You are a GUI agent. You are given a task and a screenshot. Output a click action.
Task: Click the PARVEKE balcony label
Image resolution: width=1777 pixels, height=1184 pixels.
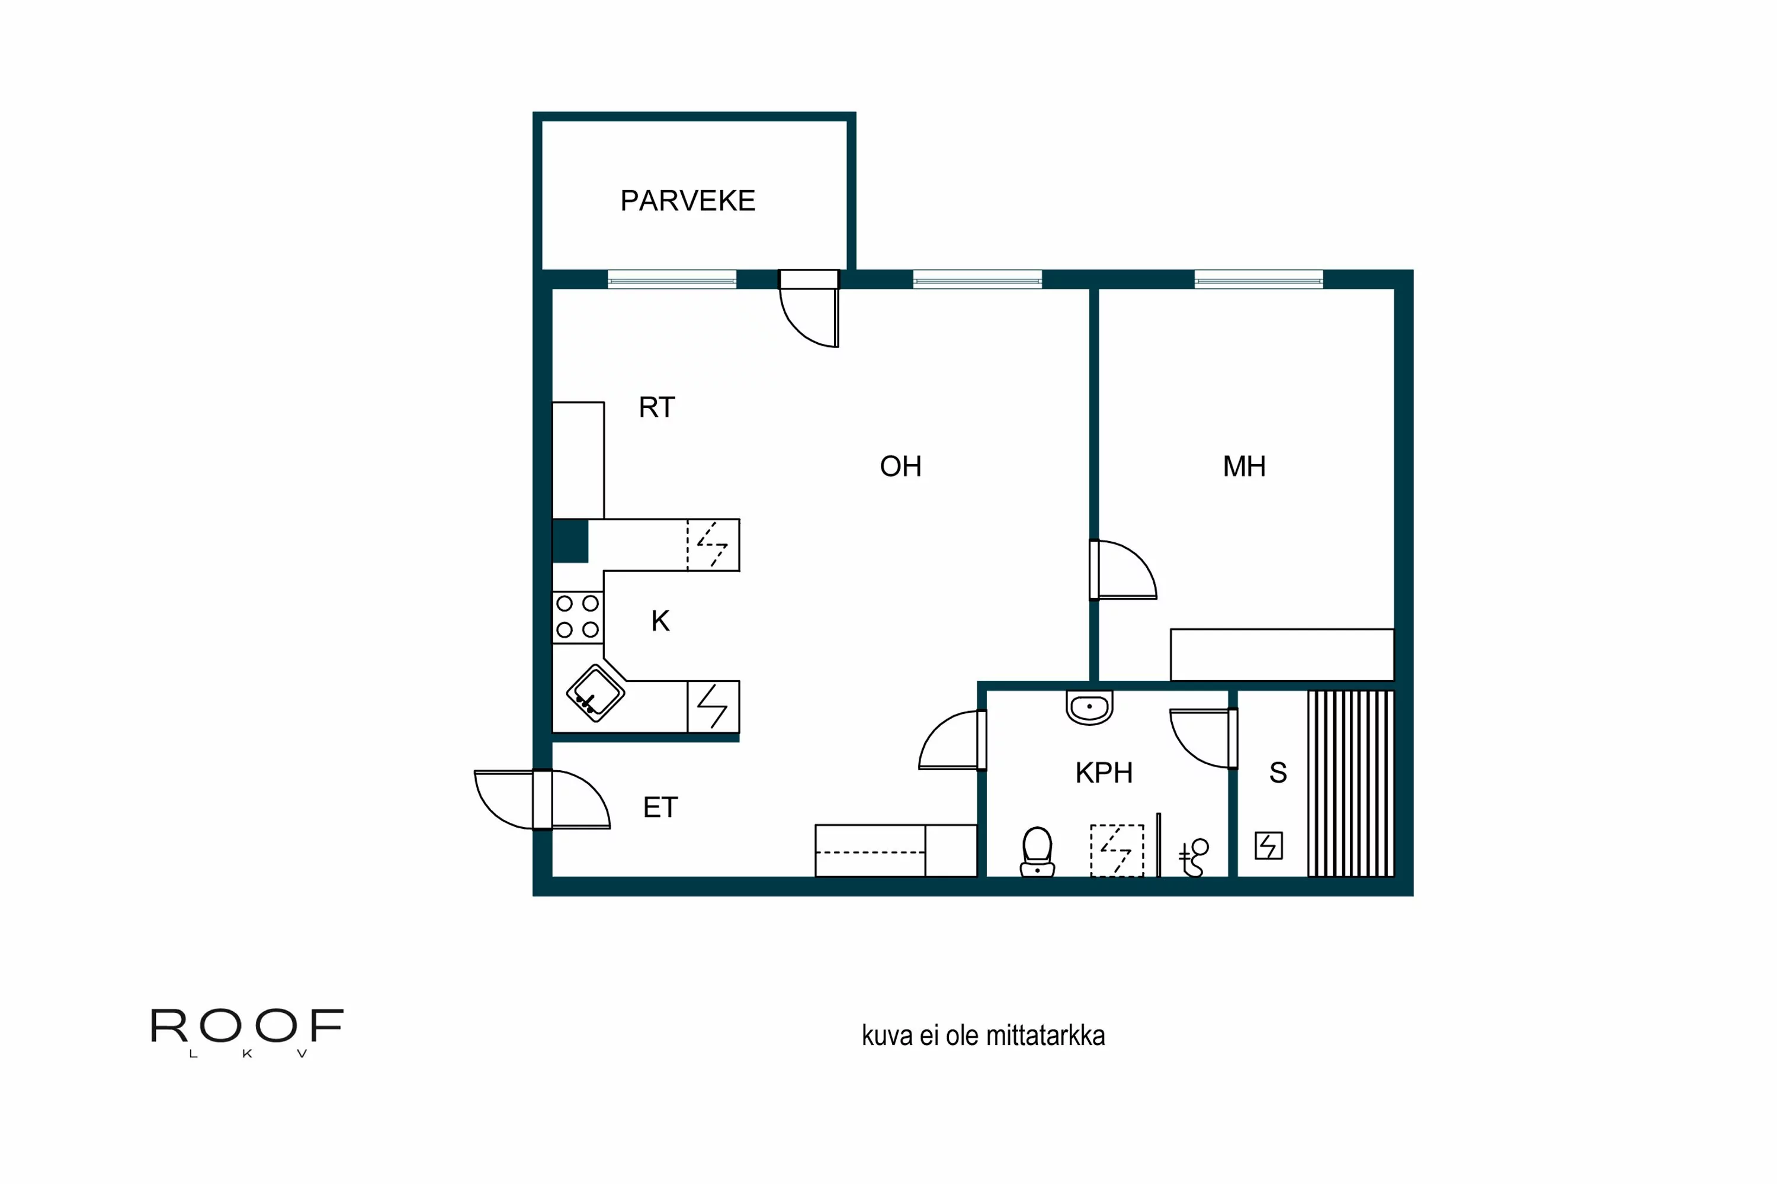tap(688, 201)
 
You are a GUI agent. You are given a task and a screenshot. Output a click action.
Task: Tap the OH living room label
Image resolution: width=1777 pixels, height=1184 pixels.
tap(900, 466)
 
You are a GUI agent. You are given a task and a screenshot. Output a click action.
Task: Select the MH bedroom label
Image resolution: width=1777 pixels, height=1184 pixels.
tap(1243, 466)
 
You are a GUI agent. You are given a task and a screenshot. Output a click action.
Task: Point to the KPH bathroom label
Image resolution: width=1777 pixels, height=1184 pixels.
tap(1104, 773)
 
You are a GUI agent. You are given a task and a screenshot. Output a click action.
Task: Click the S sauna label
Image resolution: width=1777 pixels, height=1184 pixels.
tap(1278, 773)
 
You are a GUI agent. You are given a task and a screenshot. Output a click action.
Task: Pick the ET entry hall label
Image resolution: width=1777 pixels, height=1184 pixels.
tap(660, 808)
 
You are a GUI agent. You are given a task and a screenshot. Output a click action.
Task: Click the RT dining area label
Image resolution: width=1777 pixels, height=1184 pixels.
tap(656, 408)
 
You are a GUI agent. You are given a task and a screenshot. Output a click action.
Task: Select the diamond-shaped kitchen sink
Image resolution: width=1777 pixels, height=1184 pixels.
tap(595, 693)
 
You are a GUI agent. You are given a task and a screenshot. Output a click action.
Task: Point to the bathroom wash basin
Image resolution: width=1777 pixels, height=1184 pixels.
tap(1089, 707)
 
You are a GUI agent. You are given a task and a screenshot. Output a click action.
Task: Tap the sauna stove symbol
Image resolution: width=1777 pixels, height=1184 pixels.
tap(1269, 846)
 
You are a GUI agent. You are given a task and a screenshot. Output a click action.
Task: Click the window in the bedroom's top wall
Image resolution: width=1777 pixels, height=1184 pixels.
tap(1258, 280)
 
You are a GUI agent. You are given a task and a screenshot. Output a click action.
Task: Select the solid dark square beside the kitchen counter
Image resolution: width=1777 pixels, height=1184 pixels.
tap(570, 540)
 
